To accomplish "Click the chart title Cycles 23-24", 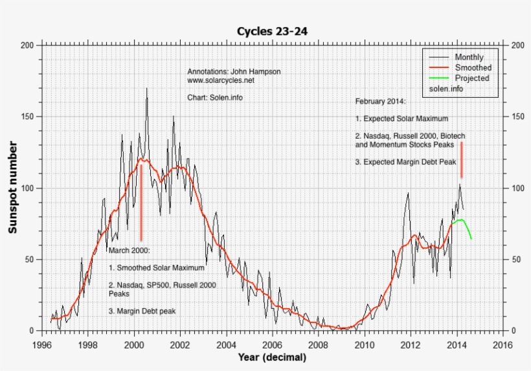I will pyautogui.click(x=273, y=30).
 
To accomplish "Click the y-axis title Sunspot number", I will pyautogui.click(x=12, y=187).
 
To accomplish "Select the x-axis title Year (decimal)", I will pyautogui.click(x=272, y=357).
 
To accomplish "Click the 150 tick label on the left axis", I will pyautogui.click(x=27, y=117).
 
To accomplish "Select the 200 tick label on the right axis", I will pyautogui.click(x=517, y=45).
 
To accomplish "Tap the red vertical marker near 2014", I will pyautogui.click(x=462, y=160).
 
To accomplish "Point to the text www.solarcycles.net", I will pyautogui.click(x=221, y=81).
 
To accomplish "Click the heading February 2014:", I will pyautogui.click(x=380, y=102).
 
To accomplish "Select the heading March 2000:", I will pyautogui.click(x=130, y=251).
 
